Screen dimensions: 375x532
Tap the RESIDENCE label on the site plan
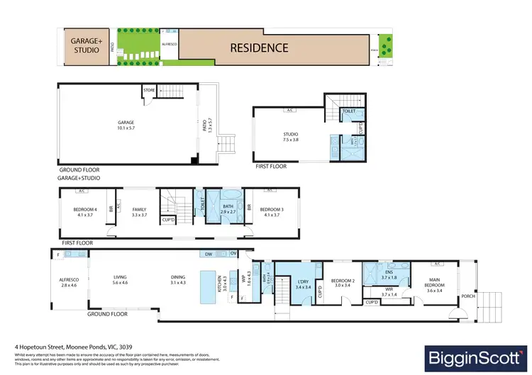point(258,48)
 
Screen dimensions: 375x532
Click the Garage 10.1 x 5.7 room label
point(126,125)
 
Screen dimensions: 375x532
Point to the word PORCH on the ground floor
point(467,296)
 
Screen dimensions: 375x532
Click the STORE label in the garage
point(149,90)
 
